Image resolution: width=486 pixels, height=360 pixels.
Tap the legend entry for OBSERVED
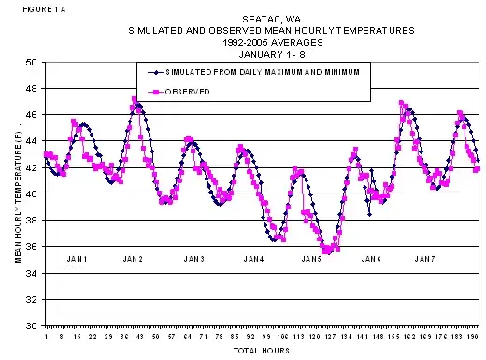187,91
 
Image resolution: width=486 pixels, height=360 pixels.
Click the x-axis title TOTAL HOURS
262,351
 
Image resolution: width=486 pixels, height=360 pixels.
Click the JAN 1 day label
78,258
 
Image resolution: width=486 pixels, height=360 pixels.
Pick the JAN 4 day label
253,258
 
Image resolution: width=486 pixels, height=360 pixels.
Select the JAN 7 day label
424,258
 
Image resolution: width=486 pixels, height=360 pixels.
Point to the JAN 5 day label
311,258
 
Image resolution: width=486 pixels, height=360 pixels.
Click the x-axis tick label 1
47,335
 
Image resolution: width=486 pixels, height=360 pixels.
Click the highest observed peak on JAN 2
135,99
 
